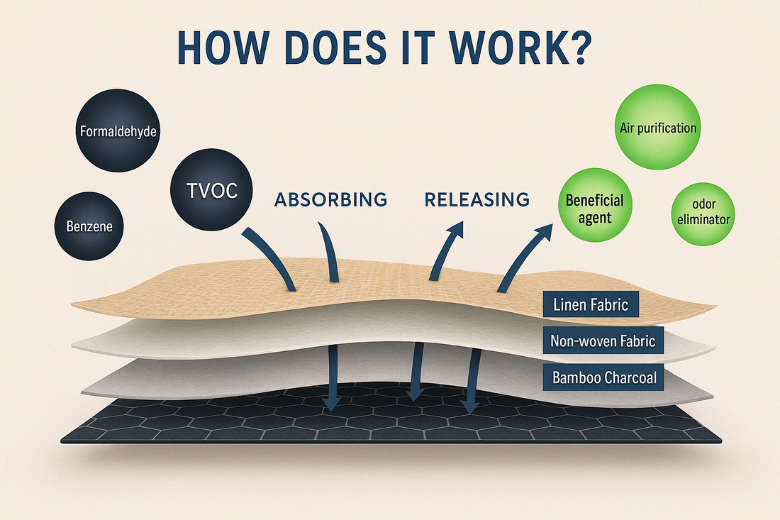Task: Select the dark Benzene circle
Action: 89,227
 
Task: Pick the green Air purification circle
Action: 657,128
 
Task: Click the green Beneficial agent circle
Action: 595,209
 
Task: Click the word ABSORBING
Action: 330,199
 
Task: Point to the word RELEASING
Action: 477,199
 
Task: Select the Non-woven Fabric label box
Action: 603,341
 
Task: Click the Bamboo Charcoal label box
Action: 604,377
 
